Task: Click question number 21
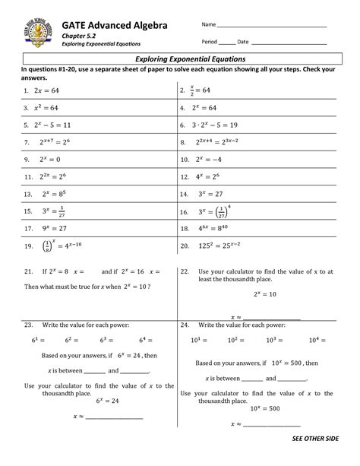point(27,271)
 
